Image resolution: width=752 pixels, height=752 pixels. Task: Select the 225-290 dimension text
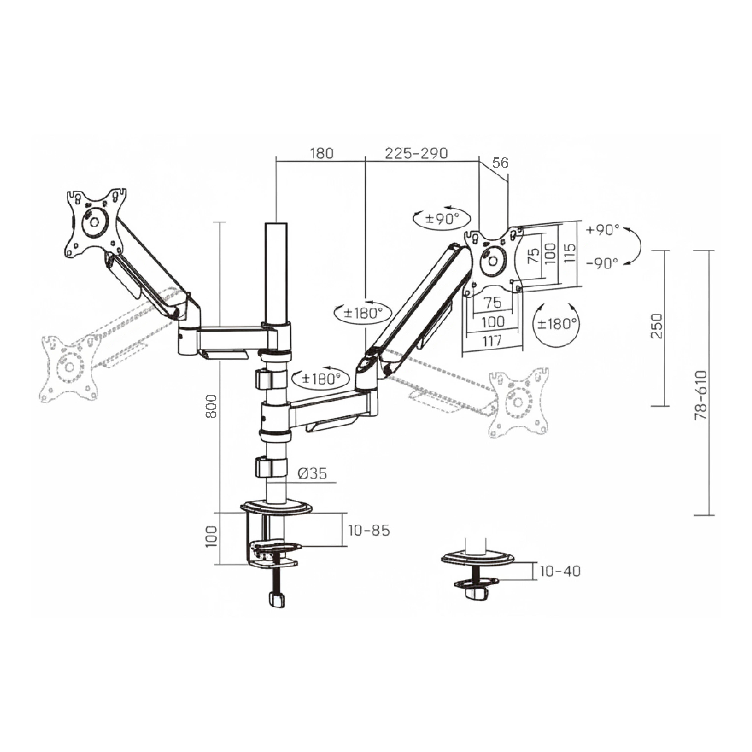pyautogui.click(x=416, y=153)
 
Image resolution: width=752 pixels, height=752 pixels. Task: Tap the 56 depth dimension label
pyautogui.click(x=500, y=163)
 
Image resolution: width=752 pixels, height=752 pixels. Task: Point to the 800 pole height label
pyautogui.click(x=211, y=406)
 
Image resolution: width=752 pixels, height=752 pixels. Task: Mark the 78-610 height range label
pyautogui.click(x=701, y=395)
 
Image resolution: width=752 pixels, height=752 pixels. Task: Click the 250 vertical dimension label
pyautogui.click(x=657, y=326)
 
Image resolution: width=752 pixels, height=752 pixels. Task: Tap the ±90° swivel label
pyautogui.click(x=442, y=219)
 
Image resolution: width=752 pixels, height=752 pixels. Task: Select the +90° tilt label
pyautogui.click(x=603, y=230)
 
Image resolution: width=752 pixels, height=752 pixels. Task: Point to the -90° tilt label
pyautogui.click(x=602, y=264)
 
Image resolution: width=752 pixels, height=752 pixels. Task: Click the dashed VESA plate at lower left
pyautogui.click(x=69, y=367)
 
